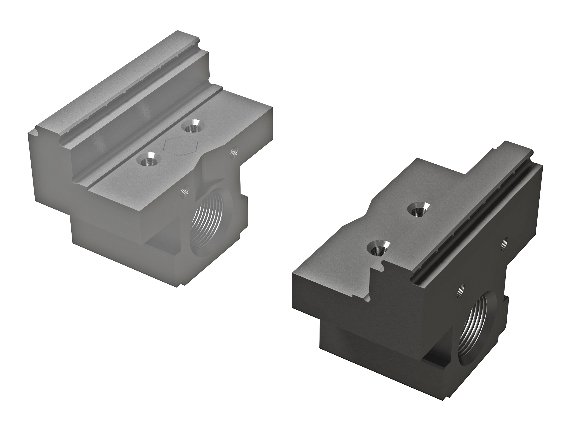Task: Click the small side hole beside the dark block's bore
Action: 461,291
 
